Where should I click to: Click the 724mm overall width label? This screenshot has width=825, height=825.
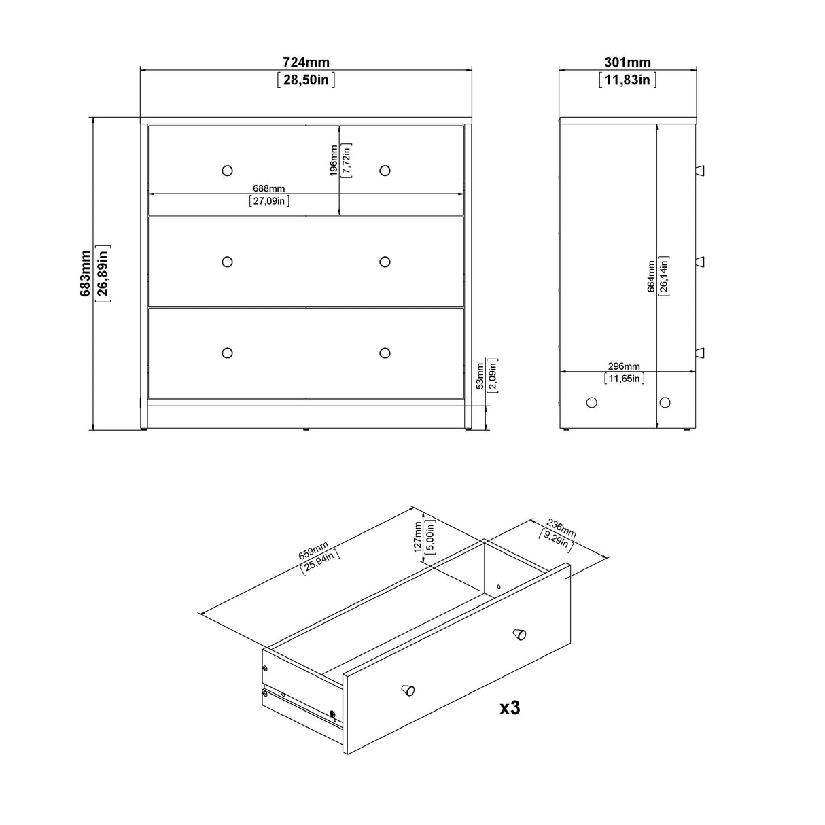point(306,63)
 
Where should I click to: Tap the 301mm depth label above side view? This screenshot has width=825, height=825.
point(627,63)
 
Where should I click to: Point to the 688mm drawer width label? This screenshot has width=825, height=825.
point(269,188)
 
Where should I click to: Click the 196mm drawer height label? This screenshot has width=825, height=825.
point(334,160)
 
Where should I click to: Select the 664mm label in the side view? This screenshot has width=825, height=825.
point(651,276)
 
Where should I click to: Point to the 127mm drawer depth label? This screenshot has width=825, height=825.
point(417,537)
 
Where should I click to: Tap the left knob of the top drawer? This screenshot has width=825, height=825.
point(227,170)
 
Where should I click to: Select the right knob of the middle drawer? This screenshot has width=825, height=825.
point(385,262)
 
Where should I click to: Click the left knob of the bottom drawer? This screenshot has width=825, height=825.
point(227,352)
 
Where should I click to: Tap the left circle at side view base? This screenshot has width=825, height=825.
point(591,402)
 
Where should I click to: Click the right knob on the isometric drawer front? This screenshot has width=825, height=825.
point(519,634)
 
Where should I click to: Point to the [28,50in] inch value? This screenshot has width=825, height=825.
point(306,80)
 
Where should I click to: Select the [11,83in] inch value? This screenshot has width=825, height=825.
point(627,80)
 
